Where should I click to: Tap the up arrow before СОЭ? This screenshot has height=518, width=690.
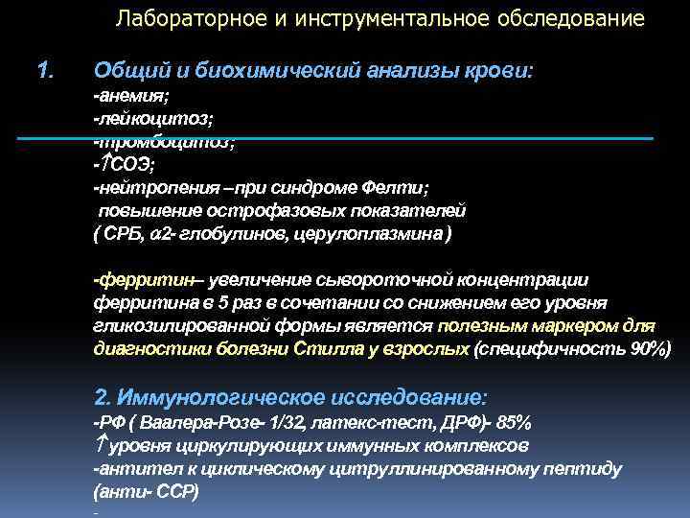(x=105, y=163)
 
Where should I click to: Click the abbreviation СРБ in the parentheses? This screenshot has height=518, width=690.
(x=124, y=233)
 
